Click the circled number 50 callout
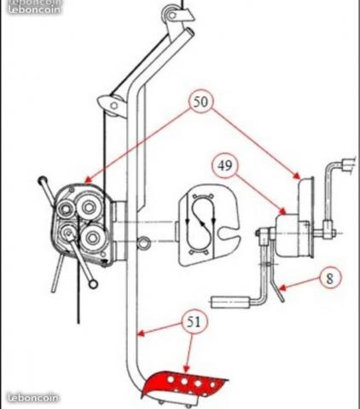coord(201,101)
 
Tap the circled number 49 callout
coord(225,165)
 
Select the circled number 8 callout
coord(329,278)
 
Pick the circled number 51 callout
coord(194,322)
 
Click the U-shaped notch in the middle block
coord(229,233)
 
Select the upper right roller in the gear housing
coord(89,207)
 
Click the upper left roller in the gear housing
coord(65,210)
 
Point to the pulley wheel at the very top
coord(171,14)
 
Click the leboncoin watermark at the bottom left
coord(33,397)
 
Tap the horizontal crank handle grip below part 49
coord(231,302)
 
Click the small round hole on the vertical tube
coord(143,242)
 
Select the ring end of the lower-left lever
coord(93,284)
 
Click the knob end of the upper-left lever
coord(43,180)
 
